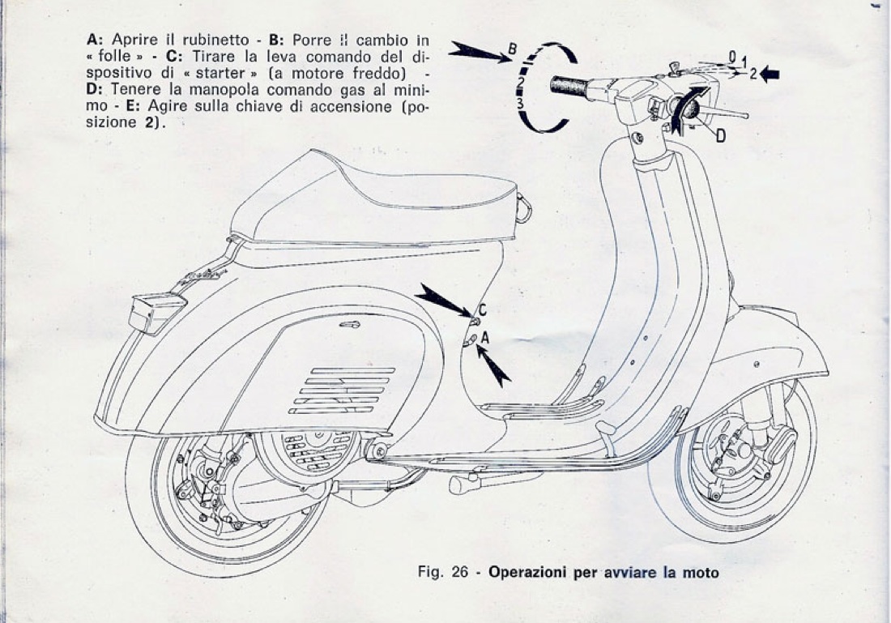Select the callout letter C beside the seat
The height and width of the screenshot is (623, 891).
482,308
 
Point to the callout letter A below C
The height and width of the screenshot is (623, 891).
485,335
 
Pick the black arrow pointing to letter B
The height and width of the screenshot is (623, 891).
478,51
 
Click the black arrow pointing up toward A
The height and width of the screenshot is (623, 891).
493,365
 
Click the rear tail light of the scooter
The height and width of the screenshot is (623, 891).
156,312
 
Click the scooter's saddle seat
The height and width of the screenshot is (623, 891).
373,198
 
